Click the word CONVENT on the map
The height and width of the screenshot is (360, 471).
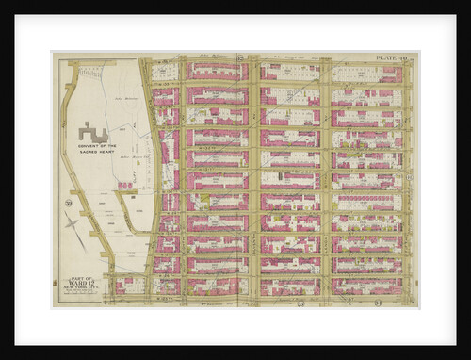[x=93, y=147]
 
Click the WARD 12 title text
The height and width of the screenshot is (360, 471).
[x=82, y=283]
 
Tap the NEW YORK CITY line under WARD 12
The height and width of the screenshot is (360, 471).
[x=82, y=289]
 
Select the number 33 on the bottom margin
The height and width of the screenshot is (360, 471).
[x=300, y=303]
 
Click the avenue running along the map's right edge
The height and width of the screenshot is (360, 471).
[x=408, y=179]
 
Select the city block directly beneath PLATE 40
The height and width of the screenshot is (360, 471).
[x=367, y=74]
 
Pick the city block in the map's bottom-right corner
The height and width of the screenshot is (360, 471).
[x=367, y=286]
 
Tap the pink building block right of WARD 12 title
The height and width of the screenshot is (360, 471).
[x=127, y=285]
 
